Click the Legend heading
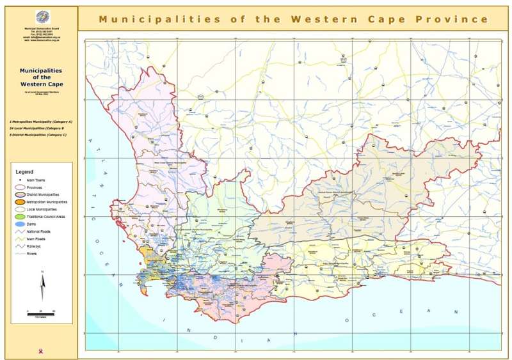pyautogui.click(x=24, y=172)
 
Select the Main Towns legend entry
pyautogui.click(x=36, y=180)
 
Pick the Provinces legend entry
pyautogui.click(x=35, y=187)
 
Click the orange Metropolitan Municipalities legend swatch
pyautogui.click(x=20, y=202)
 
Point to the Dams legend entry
pyautogui.click(x=32, y=224)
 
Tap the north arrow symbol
pyautogui.click(x=42, y=286)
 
